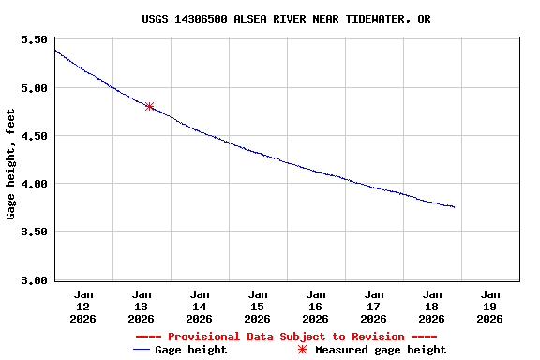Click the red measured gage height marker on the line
point(149,106)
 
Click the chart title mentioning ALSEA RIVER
point(286,19)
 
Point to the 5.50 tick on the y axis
point(34,40)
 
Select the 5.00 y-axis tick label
point(34,88)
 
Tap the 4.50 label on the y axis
point(34,136)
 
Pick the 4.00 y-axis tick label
point(34,184)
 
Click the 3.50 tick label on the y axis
point(34,232)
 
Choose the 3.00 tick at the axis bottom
point(34,279)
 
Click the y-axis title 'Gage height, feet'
point(11,164)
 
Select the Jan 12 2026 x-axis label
point(83,307)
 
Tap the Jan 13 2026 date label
point(142,307)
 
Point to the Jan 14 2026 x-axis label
point(200,307)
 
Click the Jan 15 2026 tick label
point(258,307)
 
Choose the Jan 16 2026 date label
point(316,307)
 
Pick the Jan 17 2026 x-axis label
point(374,307)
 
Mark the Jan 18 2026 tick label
point(432,307)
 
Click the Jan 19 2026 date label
point(490,307)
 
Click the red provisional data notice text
point(286,337)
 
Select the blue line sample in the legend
point(142,350)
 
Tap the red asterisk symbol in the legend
point(302,350)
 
